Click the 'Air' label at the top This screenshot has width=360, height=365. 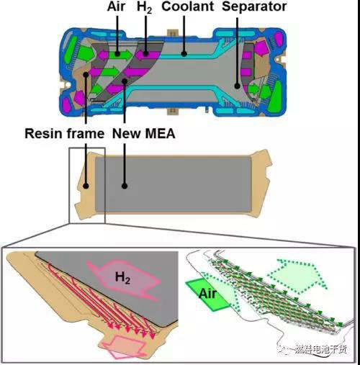click(116, 6)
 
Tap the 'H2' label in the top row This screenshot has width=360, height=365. click(145, 7)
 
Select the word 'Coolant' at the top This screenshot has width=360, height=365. click(188, 6)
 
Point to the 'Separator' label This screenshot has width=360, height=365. click(254, 7)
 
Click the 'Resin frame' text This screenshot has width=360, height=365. click(65, 133)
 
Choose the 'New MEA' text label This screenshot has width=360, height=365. click(144, 133)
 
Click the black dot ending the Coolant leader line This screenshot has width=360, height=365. click(184, 54)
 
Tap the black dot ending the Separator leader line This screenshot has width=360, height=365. click(238, 86)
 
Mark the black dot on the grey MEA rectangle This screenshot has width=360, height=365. click(125, 186)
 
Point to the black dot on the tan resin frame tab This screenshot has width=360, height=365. click(86, 186)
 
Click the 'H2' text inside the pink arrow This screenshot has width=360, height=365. click(122, 278)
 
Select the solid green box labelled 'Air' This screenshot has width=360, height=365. click(208, 294)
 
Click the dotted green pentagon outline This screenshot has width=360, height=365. click(298, 276)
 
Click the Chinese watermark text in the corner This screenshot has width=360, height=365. click(320, 349)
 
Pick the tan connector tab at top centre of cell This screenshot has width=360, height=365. click(173, 33)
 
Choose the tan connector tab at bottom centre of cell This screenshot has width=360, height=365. click(173, 111)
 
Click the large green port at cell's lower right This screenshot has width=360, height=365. click(276, 96)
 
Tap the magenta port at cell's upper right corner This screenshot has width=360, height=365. click(279, 39)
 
